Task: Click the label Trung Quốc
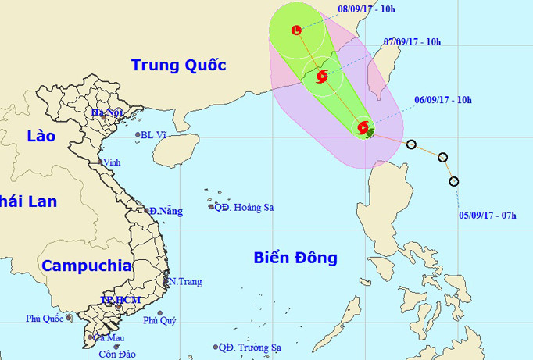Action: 178,64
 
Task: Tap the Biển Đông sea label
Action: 295,257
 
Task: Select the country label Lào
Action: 40,135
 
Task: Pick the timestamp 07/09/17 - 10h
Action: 413,41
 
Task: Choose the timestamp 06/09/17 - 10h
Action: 442,100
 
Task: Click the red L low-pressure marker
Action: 296,30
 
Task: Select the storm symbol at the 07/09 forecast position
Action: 320,76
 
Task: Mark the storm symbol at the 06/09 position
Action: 363,127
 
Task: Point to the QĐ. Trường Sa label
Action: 249,347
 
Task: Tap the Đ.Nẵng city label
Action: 166,211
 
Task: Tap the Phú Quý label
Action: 159,320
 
